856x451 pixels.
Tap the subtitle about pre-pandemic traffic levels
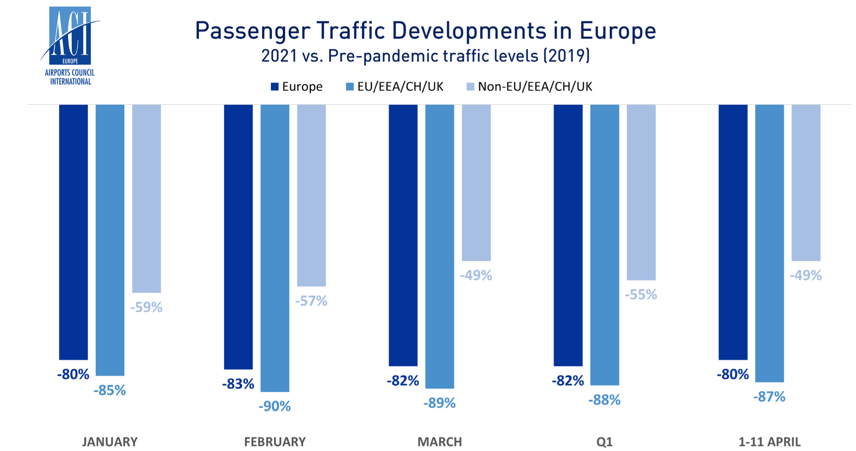tap(425, 56)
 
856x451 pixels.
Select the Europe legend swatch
tap(275, 87)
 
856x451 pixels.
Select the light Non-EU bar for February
tap(311, 195)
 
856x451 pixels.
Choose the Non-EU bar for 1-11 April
tap(806, 183)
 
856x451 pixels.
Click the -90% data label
tap(275, 406)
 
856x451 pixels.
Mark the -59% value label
tap(147, 307)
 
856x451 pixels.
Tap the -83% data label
tap(238, 384)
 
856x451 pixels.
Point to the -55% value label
tap(641, 295)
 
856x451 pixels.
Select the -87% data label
tap(769, 397)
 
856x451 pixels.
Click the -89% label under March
tap(440, 403)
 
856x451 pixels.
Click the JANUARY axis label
tap(110, 442)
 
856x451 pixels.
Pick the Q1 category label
tap(604, 442)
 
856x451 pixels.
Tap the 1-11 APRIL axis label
tap(769, 442)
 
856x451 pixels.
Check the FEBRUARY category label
tap(275, 442)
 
